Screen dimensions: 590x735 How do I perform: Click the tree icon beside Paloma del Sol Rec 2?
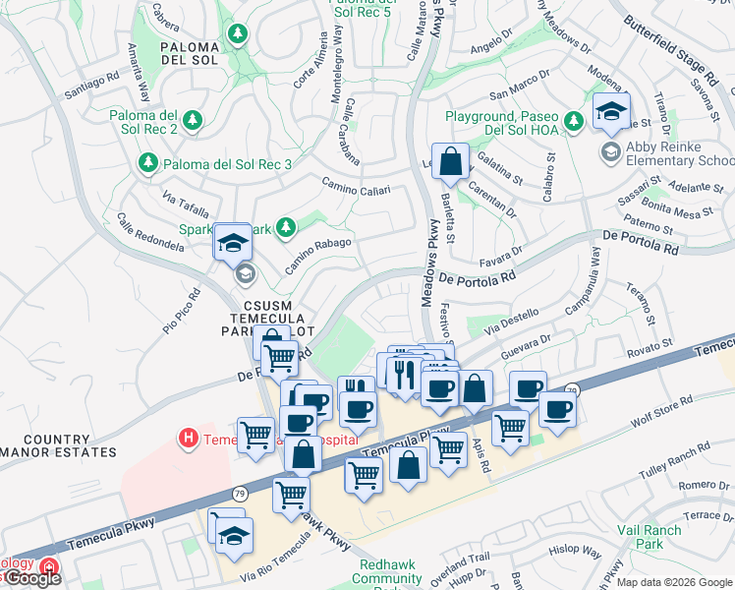pos(194,119)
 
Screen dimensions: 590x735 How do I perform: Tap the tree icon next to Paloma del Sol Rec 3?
pos(148,162)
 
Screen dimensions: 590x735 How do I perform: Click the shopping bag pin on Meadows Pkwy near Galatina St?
pos(449,161)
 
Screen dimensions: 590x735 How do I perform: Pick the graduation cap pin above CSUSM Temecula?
pos(234,241)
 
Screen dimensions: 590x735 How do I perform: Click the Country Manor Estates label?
pos(57,445)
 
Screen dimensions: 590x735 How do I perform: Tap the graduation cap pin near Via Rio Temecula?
pos(234,536)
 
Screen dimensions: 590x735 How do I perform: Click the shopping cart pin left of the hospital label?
pos(256,433)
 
